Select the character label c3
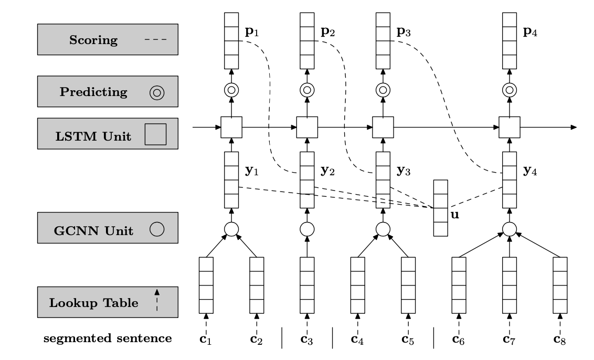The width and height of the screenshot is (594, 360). coord(307,338)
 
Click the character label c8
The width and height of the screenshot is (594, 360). coord(560,338)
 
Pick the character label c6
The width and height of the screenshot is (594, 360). coord(459,338)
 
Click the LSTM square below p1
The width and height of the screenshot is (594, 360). coord(231,127)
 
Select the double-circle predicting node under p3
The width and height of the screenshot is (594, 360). coord(383,90)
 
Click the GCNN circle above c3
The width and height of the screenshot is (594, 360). coord(307,229)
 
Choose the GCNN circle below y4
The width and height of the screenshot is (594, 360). coord(509,229)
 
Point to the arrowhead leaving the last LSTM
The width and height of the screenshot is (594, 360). coord(574,127)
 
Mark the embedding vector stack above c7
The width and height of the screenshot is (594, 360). coord(509,284)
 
